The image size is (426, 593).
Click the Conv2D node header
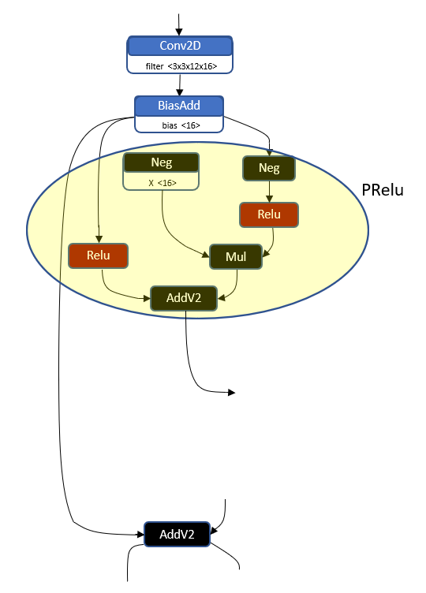tap(180, 46)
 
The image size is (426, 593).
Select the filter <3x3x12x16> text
tap(180, 66)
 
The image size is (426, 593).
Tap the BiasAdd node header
tap(179, 106)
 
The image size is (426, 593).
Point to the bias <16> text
tap(180, 125)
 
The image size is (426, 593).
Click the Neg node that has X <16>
tap(161, 162)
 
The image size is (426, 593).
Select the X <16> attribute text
tap(162, 183)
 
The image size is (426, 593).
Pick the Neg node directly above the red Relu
tap(269, 168)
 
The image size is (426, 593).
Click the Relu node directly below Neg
tap(269, 214)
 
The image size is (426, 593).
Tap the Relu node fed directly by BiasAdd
tap(98, 255)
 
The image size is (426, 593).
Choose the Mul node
tap(235, 257)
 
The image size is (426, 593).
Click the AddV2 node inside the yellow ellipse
tap(184, 298)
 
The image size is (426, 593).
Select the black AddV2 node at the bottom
tap(177, 534)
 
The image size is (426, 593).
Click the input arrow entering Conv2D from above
tap(180, 24)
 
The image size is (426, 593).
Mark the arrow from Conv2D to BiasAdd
tap(180, 85)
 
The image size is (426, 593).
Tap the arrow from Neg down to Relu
tap(269, 191)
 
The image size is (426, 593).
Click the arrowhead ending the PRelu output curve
tap(231, 392)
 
